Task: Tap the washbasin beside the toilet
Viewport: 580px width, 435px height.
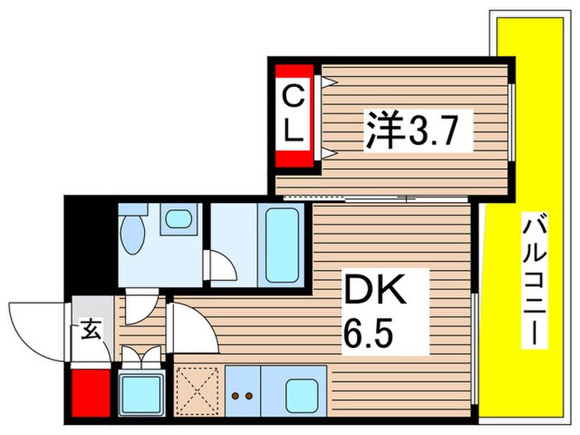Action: (x=176, y=220)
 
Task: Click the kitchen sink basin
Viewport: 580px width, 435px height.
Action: (x=302, y=391)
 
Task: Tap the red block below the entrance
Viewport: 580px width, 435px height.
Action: (x=89, y=392)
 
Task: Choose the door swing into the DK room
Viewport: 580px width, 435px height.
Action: (x=191, y=327)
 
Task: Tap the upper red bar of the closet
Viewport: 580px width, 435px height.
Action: (x=294, y=73)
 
